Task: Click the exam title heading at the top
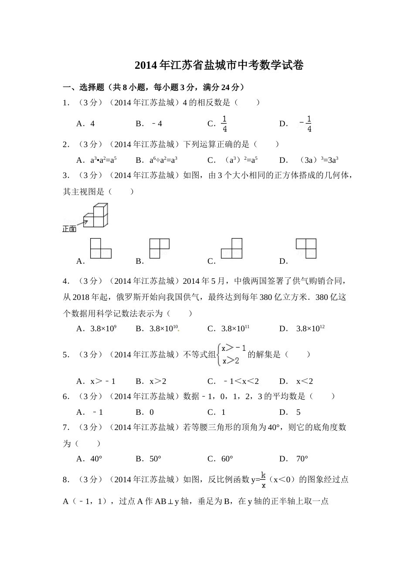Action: (x=219, y=65)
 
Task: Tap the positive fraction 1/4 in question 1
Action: (x=224, y=124)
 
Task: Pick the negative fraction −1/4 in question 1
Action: (x=306, y=124)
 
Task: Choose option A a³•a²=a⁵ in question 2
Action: (x=103, y=160)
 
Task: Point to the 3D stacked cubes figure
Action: (x=96, y=215)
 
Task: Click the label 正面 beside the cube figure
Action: (x=69, y=229)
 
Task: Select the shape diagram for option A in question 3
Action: (x=101, y=248)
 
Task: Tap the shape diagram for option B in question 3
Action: (x=159, y=249)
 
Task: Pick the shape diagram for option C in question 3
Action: (x=231, y=248)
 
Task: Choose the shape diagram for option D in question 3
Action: (x=306, y=248)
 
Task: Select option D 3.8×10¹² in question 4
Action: (x=310, y=329)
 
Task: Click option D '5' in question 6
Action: (x=299, y=412)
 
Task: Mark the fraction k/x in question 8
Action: (x=263, y=479)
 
